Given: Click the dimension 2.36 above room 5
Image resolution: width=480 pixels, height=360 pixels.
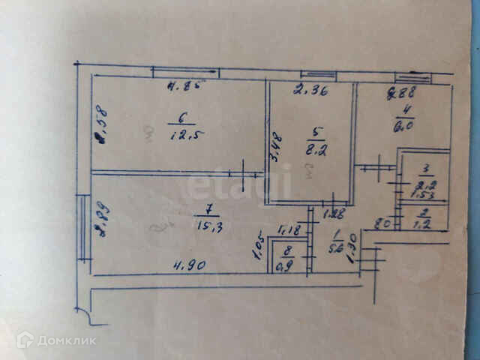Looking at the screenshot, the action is coord(307,92).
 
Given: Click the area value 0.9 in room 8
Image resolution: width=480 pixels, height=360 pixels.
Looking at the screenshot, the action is coord(284,264).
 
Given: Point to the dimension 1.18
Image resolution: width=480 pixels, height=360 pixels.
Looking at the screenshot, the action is coord(288,231).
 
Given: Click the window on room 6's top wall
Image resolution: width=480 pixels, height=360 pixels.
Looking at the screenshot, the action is coord(184,73).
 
